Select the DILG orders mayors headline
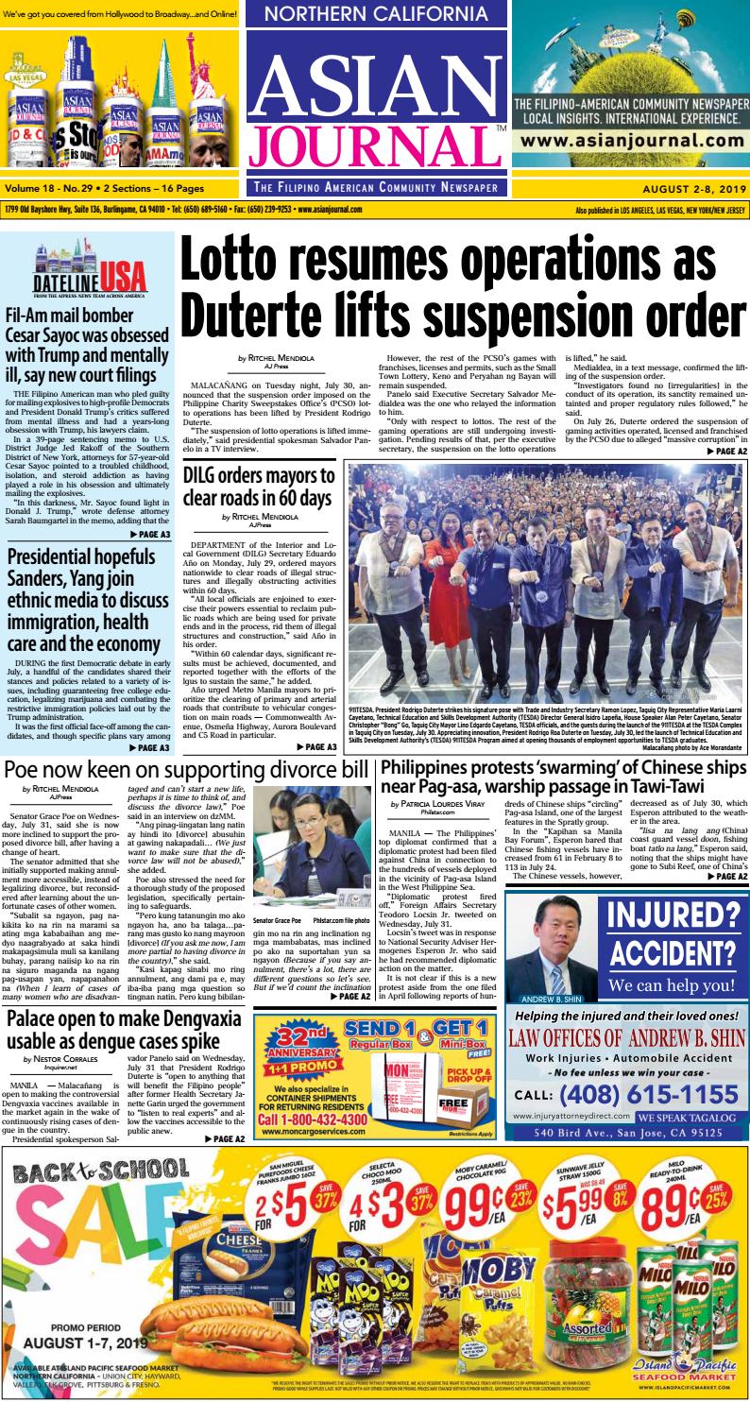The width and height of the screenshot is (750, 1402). point(258,485)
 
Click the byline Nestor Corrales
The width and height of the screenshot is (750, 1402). point(65,1060)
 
